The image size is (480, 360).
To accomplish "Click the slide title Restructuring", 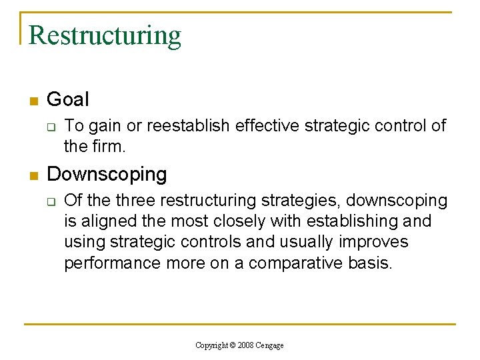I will point(105,35).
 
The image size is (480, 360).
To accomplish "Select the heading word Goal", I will point(67,100).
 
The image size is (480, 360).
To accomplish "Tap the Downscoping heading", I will point(107,175).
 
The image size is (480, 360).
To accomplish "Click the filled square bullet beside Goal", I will point(33,101).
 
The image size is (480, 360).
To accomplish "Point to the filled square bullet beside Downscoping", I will point(33,176).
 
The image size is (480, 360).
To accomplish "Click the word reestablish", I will point(188,126).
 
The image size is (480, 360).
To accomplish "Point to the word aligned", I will point(108,221).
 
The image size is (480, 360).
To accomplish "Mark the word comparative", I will point(303,263).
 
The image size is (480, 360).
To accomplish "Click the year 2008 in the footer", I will point(245,345).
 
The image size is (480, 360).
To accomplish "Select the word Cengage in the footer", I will point(271,345).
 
